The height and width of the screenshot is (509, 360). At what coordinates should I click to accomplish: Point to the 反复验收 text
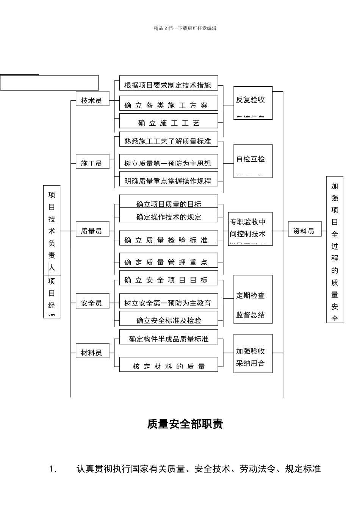(x=250, y=100)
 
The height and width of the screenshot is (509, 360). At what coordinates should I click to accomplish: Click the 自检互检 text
(x=250, y=159)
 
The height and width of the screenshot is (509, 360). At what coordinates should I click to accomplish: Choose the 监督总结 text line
(x=250, y=315)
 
